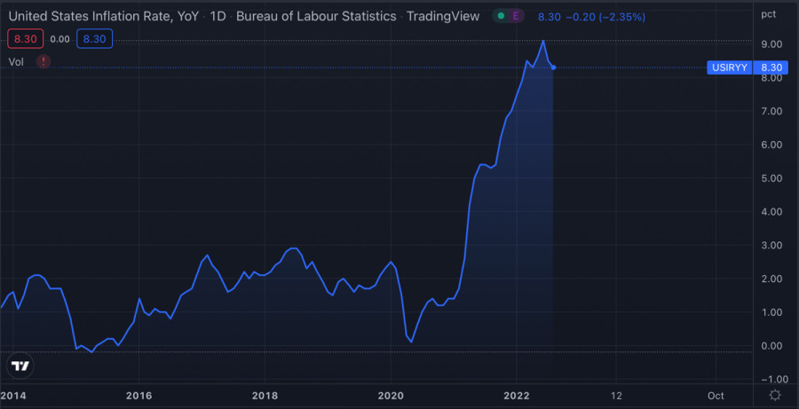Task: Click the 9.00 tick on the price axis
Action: coord(771,44)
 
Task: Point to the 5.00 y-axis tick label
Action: coord(771,178)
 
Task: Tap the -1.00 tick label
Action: coord(770,380)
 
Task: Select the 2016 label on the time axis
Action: coord(138,396)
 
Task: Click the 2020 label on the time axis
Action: coord(391,396)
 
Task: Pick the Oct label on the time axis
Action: coord(716,396)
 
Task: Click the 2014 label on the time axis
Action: coord(12,396)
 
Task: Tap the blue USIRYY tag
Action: coord(732,67)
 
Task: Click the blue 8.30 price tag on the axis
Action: coord(771,67)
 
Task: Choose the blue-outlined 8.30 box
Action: coord(93,39)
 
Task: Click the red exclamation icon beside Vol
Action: coord(44,61)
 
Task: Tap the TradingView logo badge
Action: coord(20,366)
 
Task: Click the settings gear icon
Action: coord(775,396)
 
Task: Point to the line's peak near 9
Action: coord(543,41)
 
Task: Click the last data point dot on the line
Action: coord(553,67)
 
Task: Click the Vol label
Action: coord(16,61)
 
